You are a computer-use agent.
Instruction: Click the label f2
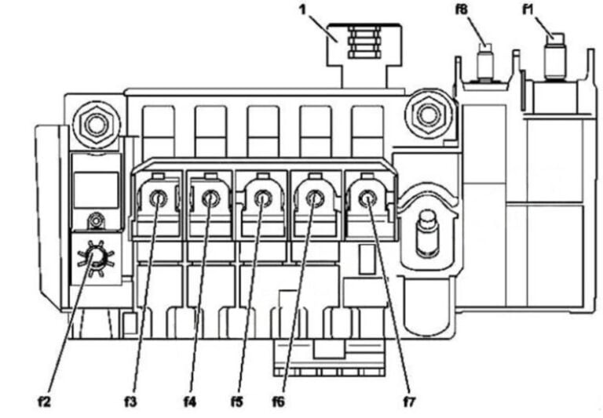click(x=44, y=402)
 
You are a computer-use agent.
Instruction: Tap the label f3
click(x=130, y=402)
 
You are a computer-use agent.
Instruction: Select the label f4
click(x=189, y=402)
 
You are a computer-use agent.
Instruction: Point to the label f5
click(x=237, y=402)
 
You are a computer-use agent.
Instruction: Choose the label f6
click(x=279, y=402)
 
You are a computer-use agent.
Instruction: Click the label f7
click(x=409, y=402)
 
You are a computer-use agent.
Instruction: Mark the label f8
click(x=462, y=9)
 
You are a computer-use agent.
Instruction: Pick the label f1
click(x=528, y=9)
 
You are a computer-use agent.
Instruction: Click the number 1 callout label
click(x=303, y=9)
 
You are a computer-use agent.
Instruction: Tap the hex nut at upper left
click(x=94, y=124)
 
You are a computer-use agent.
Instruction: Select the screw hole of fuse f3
click(x=158, y=198)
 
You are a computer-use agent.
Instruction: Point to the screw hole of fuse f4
click(x=210, y=198)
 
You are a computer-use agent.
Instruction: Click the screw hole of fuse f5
click(x=263, y=198)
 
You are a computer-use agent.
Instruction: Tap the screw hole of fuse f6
click(x=315, y=198)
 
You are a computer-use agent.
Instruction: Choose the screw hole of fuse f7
click(x=367, y=198)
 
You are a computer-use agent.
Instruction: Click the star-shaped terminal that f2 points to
click(x=95, y=258)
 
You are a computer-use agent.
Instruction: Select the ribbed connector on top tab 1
click(x=364, y=42)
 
